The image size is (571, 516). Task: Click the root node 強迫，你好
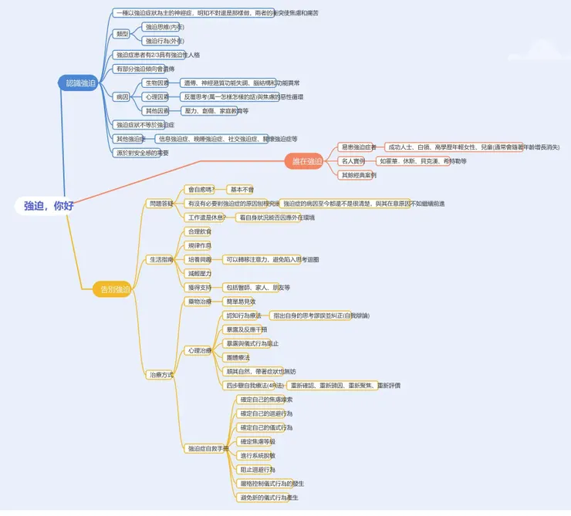click(49, 206)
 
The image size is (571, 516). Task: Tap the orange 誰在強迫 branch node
click(302, 161)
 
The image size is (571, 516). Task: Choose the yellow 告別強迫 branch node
click(115, 289)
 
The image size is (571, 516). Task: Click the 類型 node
click(122, 34)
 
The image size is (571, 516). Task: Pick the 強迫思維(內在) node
click(164, 27)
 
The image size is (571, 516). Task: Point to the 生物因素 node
click(157, 83)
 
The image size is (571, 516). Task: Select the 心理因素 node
click(157, 97)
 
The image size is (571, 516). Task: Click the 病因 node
click(122, 97)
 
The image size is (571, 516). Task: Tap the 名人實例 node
click(353, 161)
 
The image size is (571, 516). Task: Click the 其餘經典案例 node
click(358, 175)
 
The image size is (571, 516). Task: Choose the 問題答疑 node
click(161, 203)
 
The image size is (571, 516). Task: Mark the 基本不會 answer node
click(241, 189)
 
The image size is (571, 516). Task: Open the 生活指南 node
click(161, 259)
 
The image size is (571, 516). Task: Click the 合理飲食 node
click(199, 231)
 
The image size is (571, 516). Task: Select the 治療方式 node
click(161, 374)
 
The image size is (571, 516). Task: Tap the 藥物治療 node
click(199, 301)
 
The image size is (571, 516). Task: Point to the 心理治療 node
click(199, 350)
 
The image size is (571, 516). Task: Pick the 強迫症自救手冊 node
click(208, 448)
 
